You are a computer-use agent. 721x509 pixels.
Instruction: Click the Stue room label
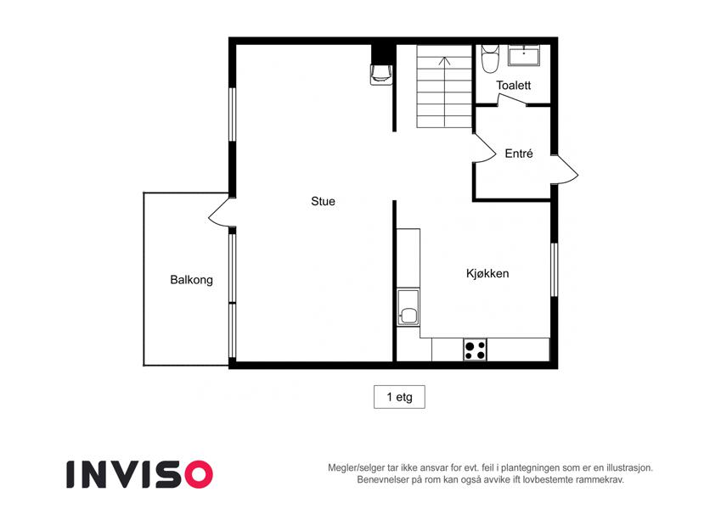(323, 201)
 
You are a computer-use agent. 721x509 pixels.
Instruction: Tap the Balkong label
(191, 280)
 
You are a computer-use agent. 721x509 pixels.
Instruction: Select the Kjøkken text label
(487, 274)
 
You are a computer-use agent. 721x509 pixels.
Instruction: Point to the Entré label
(519, 154)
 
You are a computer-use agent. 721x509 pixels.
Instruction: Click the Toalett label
(513, 86)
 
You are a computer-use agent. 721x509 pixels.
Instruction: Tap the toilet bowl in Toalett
(490, 59)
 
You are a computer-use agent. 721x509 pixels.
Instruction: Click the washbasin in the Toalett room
(523, 55)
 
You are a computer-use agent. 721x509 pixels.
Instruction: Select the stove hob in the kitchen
(475, 350)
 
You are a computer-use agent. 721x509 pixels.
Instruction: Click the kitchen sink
(408, 307)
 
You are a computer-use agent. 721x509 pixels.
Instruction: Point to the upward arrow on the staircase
(445, 92)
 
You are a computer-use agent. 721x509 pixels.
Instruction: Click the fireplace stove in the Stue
(381, 75)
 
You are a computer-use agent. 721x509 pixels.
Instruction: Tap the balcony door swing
(219, 213)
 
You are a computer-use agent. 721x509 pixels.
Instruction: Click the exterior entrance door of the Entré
(565, 170)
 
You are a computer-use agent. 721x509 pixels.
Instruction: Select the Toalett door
(511, 100)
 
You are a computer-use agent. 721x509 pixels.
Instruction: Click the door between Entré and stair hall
(484, 148)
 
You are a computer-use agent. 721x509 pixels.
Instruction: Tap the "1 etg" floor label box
(399, 397)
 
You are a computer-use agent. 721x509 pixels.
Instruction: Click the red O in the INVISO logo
(199, 474)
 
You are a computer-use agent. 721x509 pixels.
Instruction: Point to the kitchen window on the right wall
(554, 270)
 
